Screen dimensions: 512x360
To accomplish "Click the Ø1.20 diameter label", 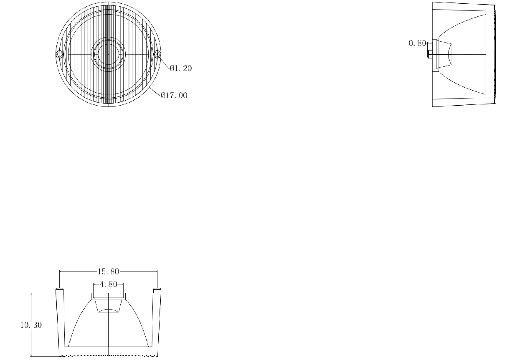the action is point(180,68).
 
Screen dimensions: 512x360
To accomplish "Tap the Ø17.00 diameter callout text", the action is point(174,95).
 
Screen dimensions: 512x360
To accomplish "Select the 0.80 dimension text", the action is point(417,43).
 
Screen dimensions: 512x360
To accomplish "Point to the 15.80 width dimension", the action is point(108,271).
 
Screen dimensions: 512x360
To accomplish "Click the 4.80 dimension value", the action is point(108,284).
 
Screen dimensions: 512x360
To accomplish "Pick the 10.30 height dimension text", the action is point(31,325).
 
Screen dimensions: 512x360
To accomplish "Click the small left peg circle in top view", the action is point(59,54).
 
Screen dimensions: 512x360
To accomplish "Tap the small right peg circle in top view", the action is point(157,54).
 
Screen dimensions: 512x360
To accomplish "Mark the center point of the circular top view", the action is point(108,54).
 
